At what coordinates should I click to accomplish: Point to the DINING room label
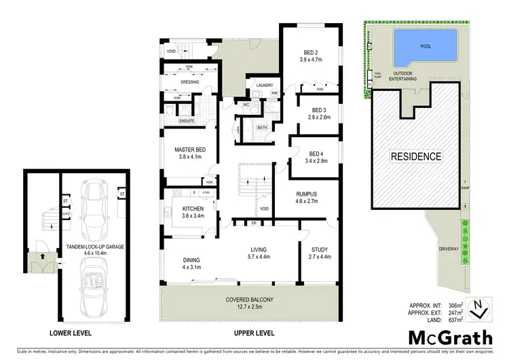tap(190, 259)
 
